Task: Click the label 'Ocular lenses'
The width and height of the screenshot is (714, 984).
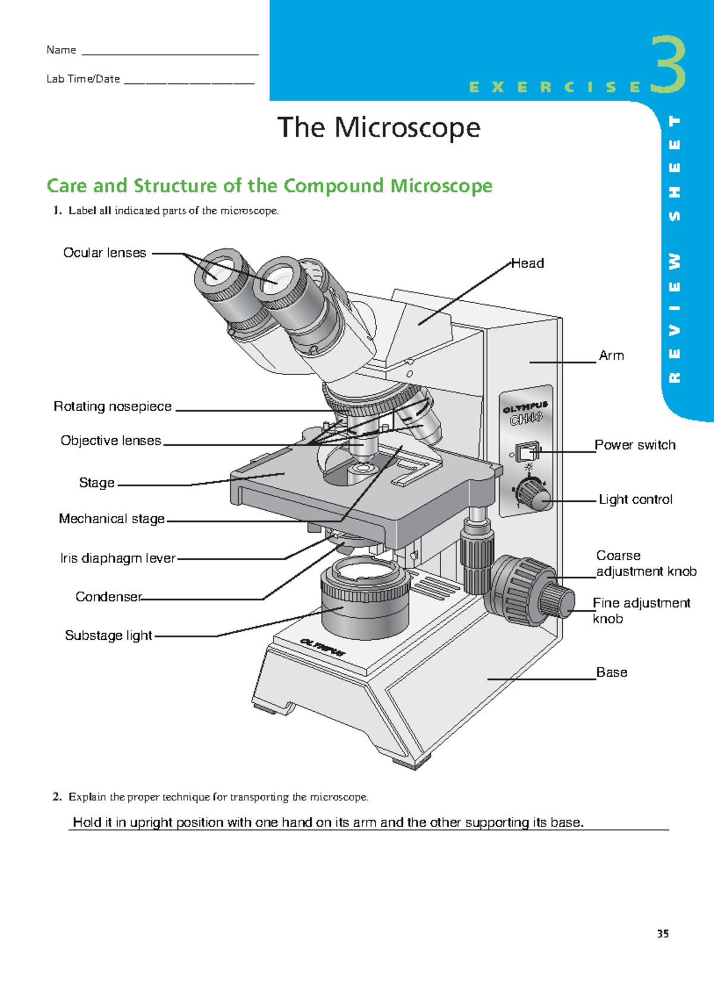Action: tap(105, 253)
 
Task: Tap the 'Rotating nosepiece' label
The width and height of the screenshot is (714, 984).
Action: tap(112, 407)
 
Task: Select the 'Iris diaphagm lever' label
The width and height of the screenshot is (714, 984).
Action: tap(118, 558)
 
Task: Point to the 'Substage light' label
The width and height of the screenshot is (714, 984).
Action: tap(108, 636)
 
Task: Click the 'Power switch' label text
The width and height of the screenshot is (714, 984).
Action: tap(635, 445)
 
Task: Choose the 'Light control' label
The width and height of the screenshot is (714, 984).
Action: tap(635, 499)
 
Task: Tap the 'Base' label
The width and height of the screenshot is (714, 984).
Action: tap(612, 672)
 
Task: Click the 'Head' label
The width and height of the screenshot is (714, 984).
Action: tap(528, 263)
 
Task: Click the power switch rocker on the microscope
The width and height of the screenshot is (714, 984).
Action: tap(526, 452)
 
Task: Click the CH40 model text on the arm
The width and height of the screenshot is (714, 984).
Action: tap(526, 419)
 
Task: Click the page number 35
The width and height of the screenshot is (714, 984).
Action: tap(663, 933)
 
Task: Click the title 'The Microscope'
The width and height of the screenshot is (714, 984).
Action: tap(379, 128)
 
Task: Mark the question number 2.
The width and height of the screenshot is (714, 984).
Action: tap(57, 797)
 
